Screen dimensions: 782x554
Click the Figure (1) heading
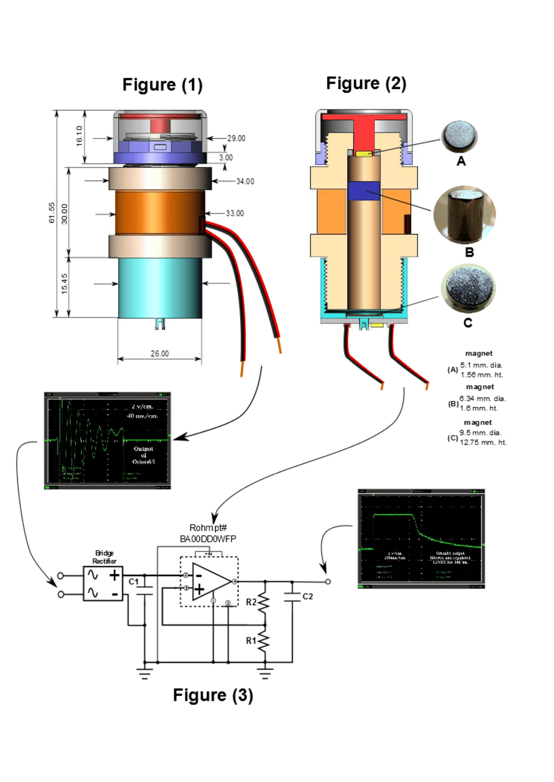[162, 84]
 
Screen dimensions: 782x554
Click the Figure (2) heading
[366, 82]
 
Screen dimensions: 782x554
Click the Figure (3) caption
[212, 695]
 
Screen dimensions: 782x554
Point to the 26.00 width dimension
[158, 353]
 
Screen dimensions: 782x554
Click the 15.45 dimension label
[65, 286]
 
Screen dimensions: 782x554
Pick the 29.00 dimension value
[236, 138]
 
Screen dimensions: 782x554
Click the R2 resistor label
[252, 602]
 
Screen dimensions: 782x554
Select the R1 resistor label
[251, 641]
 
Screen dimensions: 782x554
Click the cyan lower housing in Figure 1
[159, 286]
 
